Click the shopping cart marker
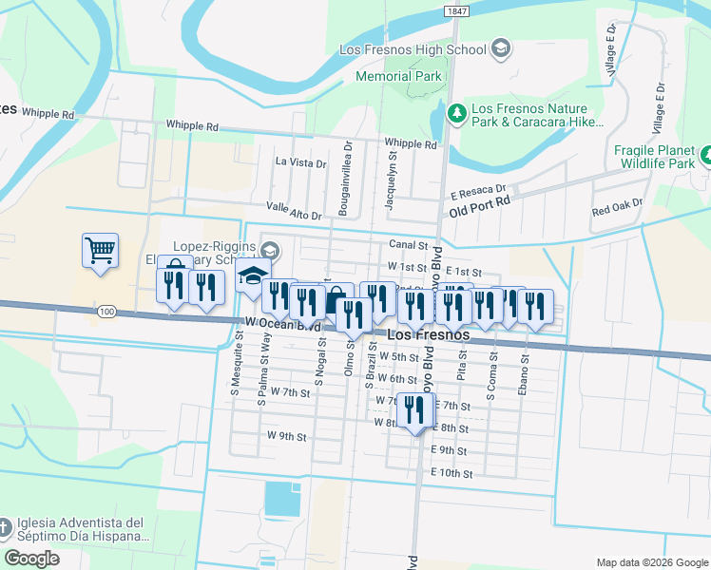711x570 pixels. pos(100,252)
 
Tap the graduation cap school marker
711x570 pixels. pos(253,276)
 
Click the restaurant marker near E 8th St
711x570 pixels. pos(413,411)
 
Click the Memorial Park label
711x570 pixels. pos(398,75)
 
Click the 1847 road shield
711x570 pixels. pos(458,9)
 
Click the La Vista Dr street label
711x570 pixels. pos(300,162)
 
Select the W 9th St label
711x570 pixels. pos(287,437)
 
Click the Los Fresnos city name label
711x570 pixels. pos(428,335)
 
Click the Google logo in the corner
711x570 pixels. pos(31,559)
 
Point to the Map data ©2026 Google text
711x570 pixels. pos(652,562)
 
